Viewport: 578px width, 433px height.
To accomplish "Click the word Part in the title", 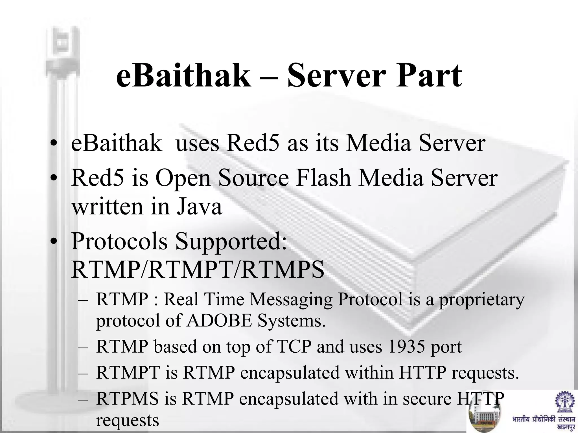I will pos(429,76).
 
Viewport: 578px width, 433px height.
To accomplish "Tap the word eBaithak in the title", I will pos(183,76).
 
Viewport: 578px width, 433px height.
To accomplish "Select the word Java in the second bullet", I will pos(199,207).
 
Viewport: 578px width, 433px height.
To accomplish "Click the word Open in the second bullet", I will pos(183,179).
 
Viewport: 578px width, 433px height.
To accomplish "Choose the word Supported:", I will pos(231,242).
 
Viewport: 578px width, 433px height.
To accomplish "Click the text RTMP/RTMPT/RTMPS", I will pos(198,269).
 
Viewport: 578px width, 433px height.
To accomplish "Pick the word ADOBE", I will pos(219,321).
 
